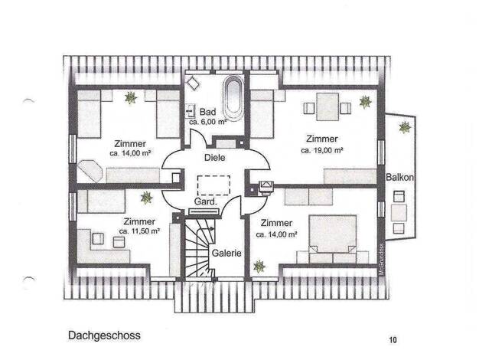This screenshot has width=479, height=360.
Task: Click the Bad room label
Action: (207, 112)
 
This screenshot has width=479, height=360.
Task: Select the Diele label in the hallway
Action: (214, 158)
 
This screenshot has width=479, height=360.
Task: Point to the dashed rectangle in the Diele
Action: (213, 185)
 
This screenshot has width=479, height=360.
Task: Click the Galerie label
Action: (226, 253)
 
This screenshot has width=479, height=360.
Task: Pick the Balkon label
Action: (399, 177)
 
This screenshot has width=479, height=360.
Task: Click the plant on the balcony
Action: (405, 127)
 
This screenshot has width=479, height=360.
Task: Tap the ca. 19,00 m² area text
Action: (321, 150)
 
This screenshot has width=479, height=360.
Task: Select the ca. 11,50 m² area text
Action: (139, 231)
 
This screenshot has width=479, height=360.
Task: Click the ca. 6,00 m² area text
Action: (207, 122)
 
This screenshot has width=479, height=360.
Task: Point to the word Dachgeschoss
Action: (104, 335)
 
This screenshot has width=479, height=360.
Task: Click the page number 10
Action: (393, 340)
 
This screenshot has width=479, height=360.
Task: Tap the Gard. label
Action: (206, 202)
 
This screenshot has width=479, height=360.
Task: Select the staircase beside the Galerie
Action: (200, 247)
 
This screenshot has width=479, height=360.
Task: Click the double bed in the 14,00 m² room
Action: (333, 238)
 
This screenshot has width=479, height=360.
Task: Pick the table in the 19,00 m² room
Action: (327, 106)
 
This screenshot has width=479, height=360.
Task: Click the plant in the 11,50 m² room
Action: (147, 198)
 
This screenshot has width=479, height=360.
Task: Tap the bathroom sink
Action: (190, 111)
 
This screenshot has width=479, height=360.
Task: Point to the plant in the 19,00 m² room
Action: (365, 102)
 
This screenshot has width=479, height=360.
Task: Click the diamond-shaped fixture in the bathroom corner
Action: (193, 83)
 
